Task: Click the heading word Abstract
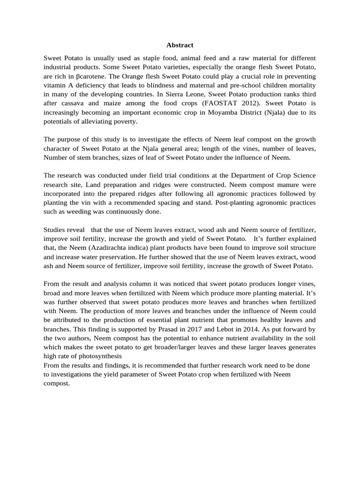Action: point(180,45)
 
